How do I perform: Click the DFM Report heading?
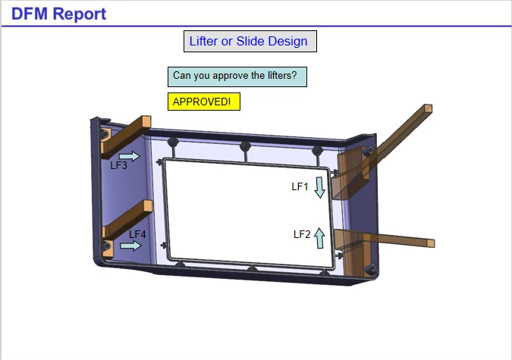58,14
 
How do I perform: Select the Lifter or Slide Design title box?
250,41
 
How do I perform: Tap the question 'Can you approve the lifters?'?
235,75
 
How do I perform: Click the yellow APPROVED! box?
204,102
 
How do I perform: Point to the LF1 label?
300,186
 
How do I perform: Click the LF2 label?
302,234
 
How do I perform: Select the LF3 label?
118,165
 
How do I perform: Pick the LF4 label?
137,234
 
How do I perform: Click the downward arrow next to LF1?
319,188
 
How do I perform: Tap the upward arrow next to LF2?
319,238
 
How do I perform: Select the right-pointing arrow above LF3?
129,156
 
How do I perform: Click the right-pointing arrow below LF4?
130,246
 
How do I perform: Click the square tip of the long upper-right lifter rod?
428,108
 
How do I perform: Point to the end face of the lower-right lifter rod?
431,243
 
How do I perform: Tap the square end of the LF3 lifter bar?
146,122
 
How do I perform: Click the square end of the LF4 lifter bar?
148,206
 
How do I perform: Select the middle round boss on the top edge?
245,146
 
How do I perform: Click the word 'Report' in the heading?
80,14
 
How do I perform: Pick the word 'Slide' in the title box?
250,41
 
